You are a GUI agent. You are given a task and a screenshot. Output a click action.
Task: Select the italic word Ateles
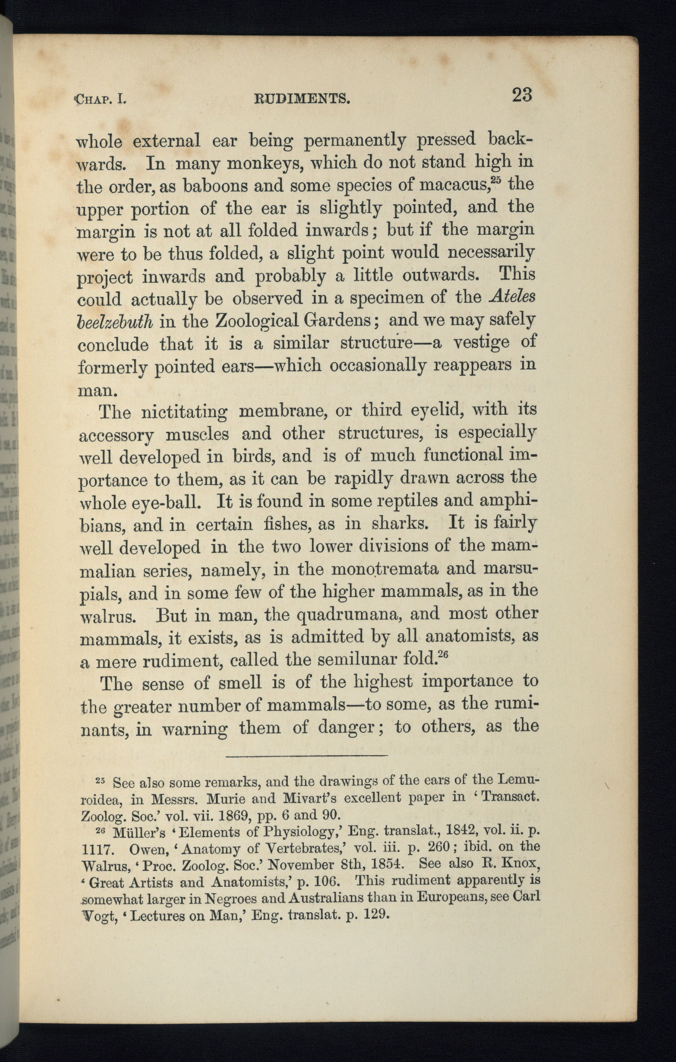[512, 297]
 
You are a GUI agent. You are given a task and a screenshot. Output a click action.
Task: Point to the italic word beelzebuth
[116, 322]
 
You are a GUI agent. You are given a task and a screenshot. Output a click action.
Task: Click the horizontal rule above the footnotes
[306, 756]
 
